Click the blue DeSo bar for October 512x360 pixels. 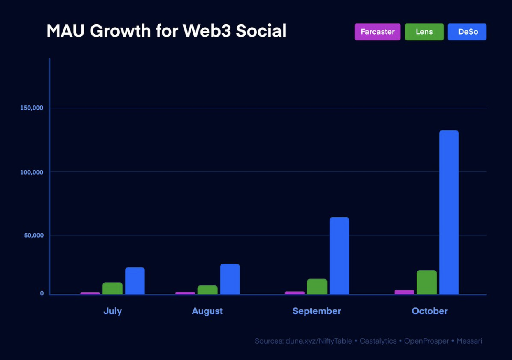449,212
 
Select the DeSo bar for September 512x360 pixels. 339,256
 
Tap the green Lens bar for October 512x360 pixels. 426,282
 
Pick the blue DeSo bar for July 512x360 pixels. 135,281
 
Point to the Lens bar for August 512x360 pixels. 207,290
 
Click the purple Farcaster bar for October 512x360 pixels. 404,292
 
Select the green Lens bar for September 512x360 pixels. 317,287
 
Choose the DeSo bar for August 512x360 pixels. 230,279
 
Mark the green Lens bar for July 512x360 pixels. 112,288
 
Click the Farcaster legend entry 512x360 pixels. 377,32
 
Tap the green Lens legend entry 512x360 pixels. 424,32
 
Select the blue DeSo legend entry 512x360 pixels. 467,32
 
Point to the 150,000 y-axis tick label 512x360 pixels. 32,108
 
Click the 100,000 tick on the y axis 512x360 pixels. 32,172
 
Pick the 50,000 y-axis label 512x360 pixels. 33,235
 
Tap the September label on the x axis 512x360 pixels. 317,311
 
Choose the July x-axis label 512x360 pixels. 112,311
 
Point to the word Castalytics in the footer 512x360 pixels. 378,341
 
